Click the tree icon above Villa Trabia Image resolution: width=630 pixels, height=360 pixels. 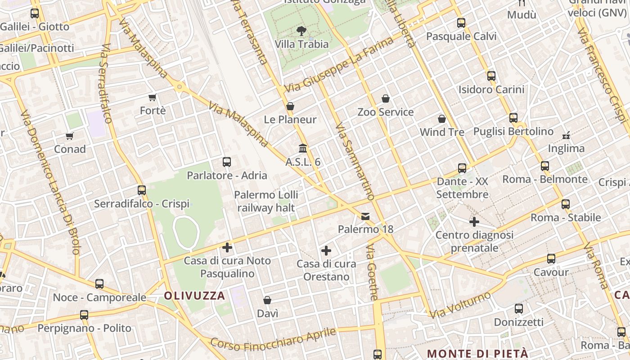pos(301,31)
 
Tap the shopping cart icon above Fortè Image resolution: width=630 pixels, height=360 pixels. pos(153,97)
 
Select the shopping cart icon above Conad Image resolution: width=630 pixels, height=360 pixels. pos(69,136)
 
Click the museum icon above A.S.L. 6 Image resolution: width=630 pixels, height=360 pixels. pos(303,148)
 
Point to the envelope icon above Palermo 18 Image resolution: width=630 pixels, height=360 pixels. pos(365,216)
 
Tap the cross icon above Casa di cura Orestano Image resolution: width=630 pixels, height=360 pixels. pos(326,251)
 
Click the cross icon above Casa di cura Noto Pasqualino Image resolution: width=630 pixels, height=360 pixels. pos(227,247)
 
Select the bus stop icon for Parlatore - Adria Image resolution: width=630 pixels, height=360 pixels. pos(227,162)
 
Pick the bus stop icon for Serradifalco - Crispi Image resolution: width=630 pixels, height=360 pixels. pos(142,190)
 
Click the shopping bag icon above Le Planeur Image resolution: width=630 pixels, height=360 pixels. pos(290,106)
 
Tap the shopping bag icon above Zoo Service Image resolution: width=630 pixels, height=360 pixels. pos(385,99)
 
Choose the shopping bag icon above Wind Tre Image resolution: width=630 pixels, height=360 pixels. pos(442,119)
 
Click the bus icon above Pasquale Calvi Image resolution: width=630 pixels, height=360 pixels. pos(461,23)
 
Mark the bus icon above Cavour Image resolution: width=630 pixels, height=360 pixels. pos(551,259)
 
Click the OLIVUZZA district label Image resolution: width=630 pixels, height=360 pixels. pos(194,296)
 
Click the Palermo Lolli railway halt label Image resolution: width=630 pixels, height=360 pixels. pos(267,201)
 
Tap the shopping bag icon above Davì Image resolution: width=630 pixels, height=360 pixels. pos(267,300)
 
